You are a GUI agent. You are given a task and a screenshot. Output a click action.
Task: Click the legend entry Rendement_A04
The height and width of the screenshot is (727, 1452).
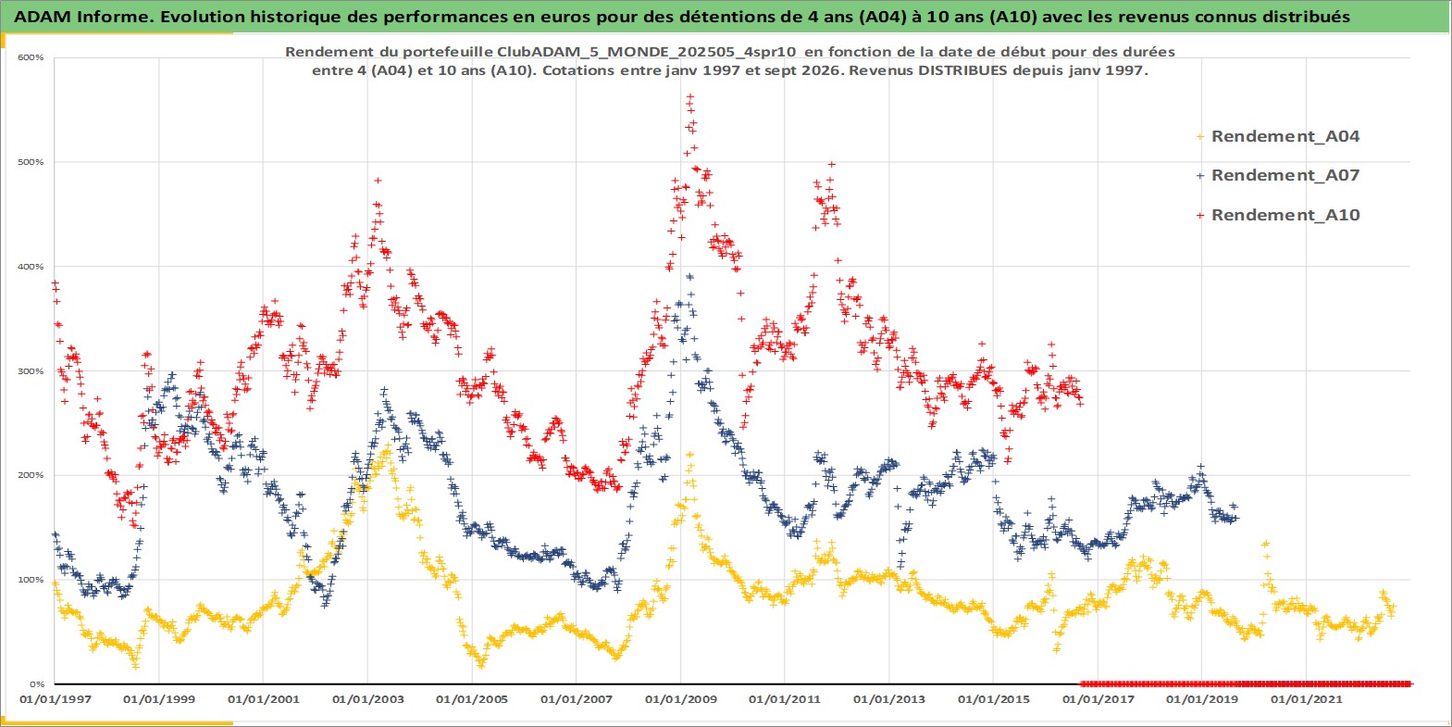click(1277, 136)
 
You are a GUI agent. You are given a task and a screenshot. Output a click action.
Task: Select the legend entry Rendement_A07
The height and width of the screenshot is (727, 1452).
click(1277, 175)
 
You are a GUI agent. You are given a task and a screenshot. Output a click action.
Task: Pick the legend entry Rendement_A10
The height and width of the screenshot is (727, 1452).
click(1277, 215)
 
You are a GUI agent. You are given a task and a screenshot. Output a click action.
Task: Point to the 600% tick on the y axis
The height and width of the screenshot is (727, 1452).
click(31, 57)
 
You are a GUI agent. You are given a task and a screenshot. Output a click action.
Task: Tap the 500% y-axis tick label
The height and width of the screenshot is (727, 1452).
click(31, 162)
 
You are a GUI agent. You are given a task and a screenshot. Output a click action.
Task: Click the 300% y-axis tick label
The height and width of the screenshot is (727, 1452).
click(31, 371)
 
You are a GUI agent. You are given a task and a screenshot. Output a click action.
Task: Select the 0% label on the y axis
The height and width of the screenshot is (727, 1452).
click(37, 684)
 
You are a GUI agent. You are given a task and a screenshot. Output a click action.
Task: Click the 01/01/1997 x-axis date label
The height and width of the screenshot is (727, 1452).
click(56, 699)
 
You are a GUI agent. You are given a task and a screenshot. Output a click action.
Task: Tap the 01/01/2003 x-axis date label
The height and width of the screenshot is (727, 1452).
click(367, 699)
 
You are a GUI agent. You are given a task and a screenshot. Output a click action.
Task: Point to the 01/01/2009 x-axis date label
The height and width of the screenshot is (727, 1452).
click(680, 699)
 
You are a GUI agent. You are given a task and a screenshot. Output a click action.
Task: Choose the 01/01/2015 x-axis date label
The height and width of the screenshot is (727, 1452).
click(994, 699)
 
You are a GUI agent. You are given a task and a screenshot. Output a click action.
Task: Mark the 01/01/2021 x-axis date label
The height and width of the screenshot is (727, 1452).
click(1306, 699)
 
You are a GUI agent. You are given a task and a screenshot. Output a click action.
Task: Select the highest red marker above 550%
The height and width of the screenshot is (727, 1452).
click(690, 96)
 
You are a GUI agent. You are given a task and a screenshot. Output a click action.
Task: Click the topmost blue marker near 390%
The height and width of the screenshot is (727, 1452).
click(689, 277)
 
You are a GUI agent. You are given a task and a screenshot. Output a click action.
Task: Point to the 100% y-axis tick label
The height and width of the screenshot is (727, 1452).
click(31, 580)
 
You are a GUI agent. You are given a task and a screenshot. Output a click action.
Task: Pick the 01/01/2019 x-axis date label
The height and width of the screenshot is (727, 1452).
click(1202, 699)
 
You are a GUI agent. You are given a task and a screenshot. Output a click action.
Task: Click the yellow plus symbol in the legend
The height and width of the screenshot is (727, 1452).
click(1200, 137)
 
